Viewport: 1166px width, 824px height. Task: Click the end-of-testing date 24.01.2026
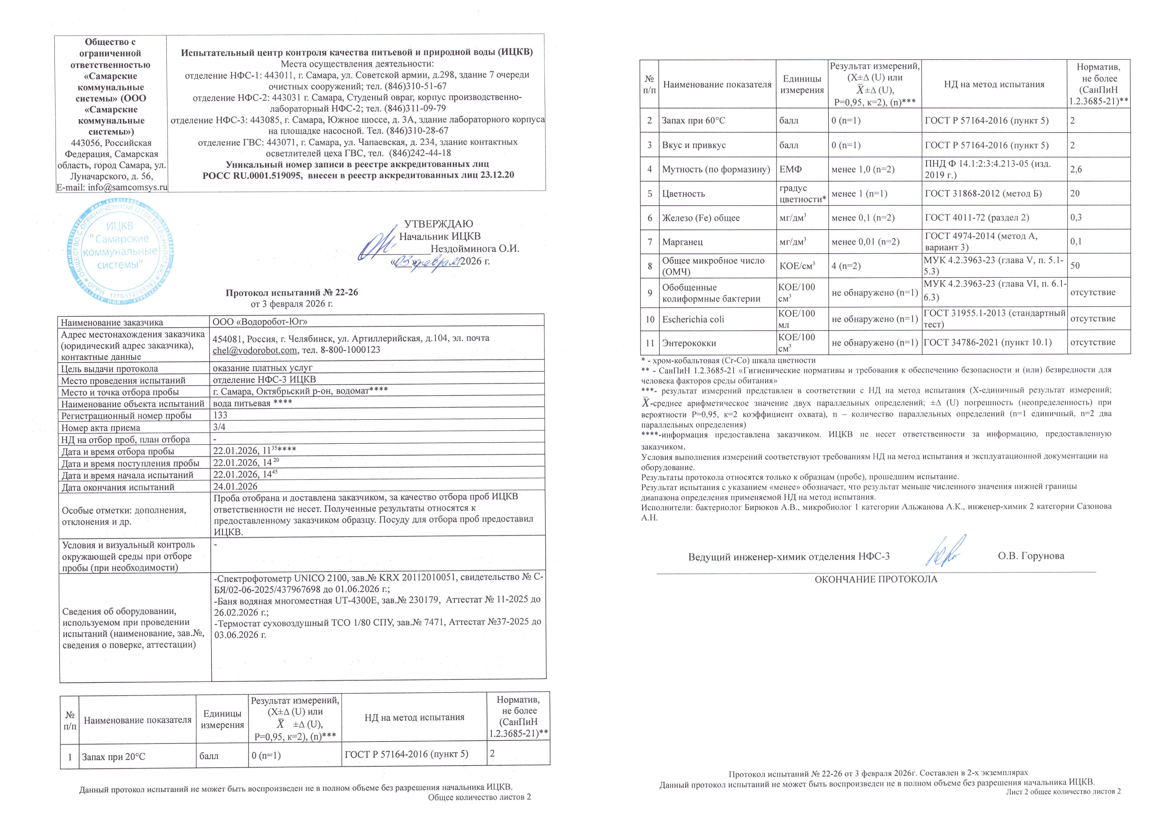point(235,486)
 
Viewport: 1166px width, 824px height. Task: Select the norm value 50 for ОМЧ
point(1075,265)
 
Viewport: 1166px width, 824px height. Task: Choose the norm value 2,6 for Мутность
point(1076,169)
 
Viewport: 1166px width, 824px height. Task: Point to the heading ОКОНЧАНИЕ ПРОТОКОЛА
point(876,579)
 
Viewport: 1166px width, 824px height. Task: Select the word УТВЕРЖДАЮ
point(438,224)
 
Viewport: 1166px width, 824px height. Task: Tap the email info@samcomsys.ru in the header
point(112,187)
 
